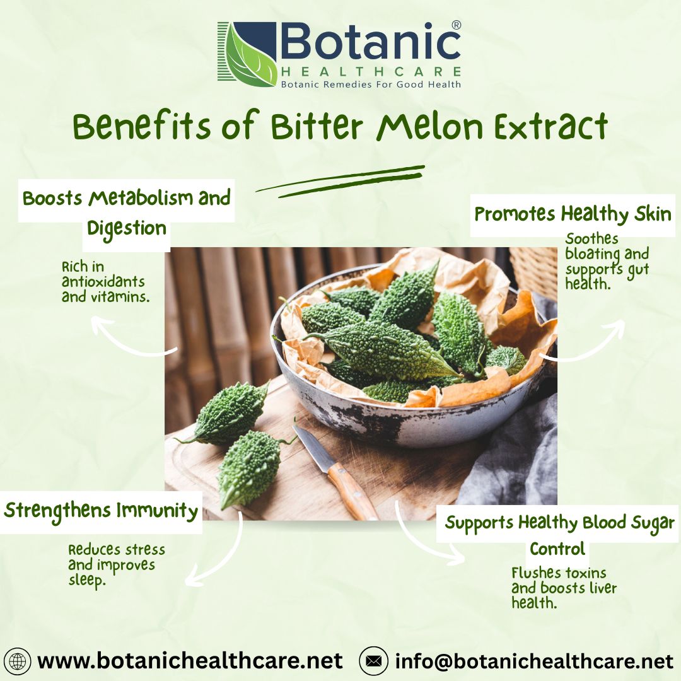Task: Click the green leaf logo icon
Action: [247, 54]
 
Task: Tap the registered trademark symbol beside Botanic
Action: [457, 25]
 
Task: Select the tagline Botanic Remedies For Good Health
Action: [371, 84]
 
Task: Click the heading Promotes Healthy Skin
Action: [573, 214]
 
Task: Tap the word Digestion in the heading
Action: [127, 228]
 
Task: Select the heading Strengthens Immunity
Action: [101, 510]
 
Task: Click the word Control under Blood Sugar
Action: [557, 549]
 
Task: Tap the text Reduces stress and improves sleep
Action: [116, 564]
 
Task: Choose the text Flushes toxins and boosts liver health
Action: [564, 588]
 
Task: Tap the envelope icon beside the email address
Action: [373, 661]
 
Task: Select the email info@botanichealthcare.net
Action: [534, 661]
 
